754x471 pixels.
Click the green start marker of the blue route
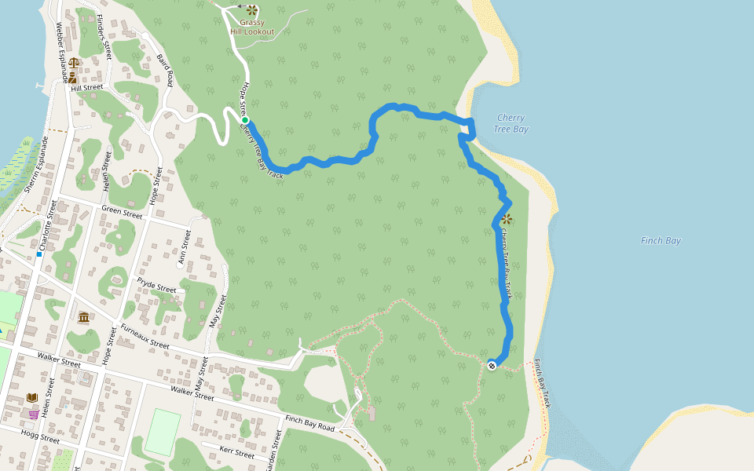pos(245,120)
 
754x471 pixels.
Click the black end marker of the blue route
pos(492,364)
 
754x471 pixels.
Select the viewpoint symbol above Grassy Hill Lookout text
pos(251,10)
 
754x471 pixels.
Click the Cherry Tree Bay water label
pos(511,123)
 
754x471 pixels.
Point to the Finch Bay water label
pos(661,241)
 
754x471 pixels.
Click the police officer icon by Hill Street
pos(72,77)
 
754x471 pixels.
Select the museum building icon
pos(83,316)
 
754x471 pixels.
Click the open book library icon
pos(32,398)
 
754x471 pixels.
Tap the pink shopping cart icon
pos(34,414)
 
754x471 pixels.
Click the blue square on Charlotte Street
pos(38,254)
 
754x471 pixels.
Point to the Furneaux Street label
pos(145,334)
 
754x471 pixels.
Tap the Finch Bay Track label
pos(543,383)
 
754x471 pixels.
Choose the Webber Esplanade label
pos(58,50)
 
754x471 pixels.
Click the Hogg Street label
pos(41,436)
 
